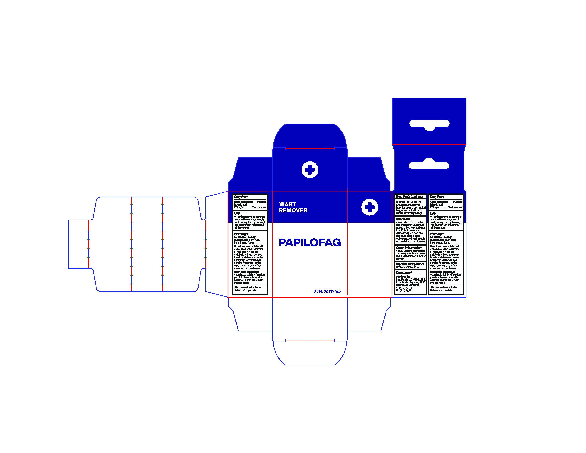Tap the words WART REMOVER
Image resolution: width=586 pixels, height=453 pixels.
coord(293,207)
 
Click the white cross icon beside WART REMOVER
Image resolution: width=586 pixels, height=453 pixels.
coord(370,207)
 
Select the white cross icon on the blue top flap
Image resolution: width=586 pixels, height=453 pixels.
coord(310,170)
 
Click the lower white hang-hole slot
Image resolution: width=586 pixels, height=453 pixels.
coord(429,165)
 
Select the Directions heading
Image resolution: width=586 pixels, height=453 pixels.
coord(403,219)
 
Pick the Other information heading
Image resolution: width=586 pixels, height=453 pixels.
coord(408,248)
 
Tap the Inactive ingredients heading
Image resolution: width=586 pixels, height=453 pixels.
coord(410,264)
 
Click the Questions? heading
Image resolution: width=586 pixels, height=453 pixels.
coord(404,272)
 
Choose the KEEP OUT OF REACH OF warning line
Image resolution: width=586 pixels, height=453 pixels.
coord(409,202)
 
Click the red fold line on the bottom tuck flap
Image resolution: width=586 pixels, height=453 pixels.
coord(310,341)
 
